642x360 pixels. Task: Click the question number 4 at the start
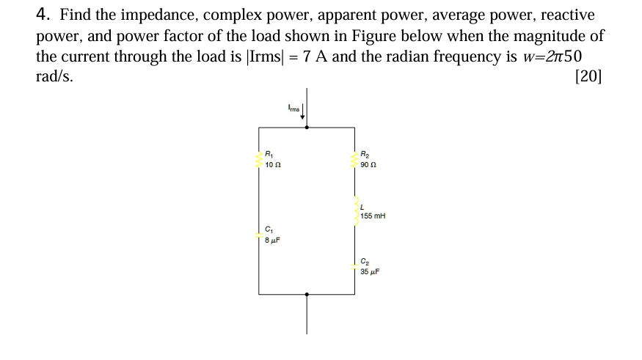click(43, 15)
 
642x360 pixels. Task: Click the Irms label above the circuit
click(293, 109)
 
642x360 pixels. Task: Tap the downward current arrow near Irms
click(302, 114)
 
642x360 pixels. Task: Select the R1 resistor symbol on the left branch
click(258, 159)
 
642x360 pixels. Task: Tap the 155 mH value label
click(373, 216)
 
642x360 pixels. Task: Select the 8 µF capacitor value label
click(273, 240)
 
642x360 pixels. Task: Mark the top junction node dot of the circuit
click(307, 128)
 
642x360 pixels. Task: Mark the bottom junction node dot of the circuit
click(307, 294)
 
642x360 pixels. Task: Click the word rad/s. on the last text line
click(55, 77)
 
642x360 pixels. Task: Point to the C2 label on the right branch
click(365, 262)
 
